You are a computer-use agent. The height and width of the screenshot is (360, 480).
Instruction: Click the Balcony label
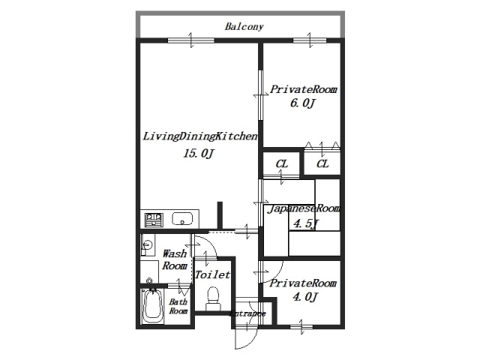click(x=244, y=27)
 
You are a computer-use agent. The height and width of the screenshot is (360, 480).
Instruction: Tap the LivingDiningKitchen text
click(x=200, y=136)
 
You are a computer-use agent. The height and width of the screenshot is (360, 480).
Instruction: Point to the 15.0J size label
click(x=198, y=153)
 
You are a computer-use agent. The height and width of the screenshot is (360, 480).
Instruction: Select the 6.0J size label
click(x=302, y=103)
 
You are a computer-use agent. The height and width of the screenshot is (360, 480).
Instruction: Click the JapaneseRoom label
click(x=304, y=208)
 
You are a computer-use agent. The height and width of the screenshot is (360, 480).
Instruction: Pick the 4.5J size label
click(x=306, y=223)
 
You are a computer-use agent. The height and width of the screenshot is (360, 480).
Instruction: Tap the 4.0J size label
click(x=305, y=297)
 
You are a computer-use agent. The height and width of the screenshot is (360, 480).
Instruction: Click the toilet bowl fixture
click(x=213, y=298)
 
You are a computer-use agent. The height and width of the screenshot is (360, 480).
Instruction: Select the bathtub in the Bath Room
click(x=152, y=306)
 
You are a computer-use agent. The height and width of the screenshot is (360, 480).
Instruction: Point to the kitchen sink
click(x=182, y=219)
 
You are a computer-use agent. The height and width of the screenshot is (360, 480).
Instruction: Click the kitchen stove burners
click(x=154, y=220)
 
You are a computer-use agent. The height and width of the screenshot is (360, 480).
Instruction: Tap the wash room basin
click(x=148, y=245)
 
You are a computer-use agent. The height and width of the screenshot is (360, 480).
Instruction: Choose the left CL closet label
click(x=282, y=164)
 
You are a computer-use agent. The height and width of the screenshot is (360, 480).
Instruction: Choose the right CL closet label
click(x=322, y=164)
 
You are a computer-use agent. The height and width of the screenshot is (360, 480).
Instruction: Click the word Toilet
click(x=213, y=275)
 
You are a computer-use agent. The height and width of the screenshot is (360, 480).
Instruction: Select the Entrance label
click(x=247, y=313)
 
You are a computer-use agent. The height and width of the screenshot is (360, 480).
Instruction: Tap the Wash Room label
click(x=175, y=259)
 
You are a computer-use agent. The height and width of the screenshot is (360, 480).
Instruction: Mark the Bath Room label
click(x=178, y=307)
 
